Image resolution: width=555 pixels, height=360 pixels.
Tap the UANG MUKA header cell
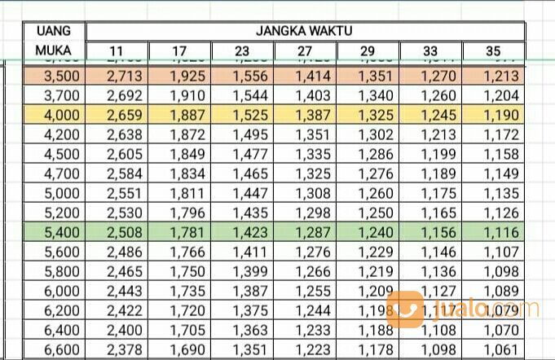[x=53, y=42]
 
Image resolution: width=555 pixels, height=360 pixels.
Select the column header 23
[x=242, y=53]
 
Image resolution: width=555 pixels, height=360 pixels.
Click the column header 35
[x=493, y=53]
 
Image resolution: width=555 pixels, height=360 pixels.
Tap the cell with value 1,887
[x=179, y=115]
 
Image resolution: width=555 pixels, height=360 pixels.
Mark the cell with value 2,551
[x=117, y=195]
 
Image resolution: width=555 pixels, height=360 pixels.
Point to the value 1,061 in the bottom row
[x=493, y=351]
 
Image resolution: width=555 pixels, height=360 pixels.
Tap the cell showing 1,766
[x=179, y=254]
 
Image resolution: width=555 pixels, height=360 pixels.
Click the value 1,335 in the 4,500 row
[x=306, y=154]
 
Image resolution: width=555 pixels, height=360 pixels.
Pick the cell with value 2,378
[x=117, y=351]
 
